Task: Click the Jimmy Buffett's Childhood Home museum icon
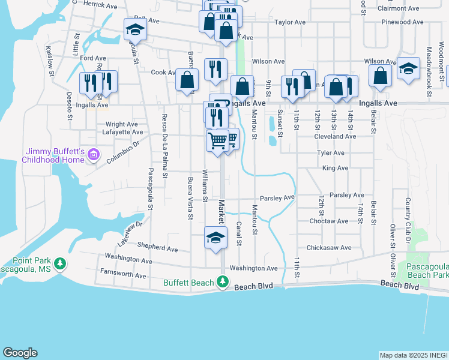pyautogui.click(x=93, y=155)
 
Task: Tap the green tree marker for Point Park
pyautogui.click(x=59, y=263)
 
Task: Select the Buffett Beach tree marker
pyautogui.click(x=223, y=281)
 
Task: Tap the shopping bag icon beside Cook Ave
pyautogui.click(x=187, y=80)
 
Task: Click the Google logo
pyautogui.click(x=20, y=353)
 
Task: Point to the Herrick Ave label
pyautogui.click(x=101, y=4)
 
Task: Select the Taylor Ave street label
pyautogui.click(x=290, y=22)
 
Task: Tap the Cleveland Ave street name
pyautogui.click(x=335, y=136)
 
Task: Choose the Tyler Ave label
pyautogui.click(x=331, y=153)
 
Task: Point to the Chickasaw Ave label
pyautogui.click(x=328, y=247)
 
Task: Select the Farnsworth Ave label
pyautogui.click(x=124, y=275)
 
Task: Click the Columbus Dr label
pyautogui.click(x=123, y=152)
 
